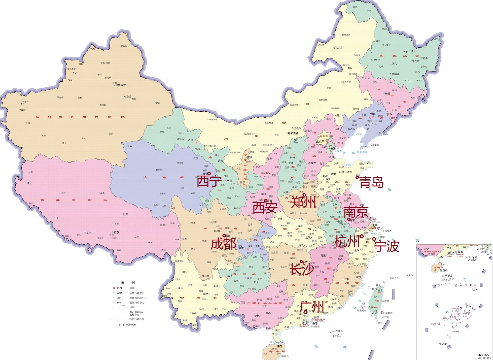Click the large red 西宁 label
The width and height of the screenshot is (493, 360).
point(209,181)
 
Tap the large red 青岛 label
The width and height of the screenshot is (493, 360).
point(372,183)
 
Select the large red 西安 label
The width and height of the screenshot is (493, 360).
point(264,208)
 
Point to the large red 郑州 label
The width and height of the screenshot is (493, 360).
point(303,202)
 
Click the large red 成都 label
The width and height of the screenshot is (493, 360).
point(223,244)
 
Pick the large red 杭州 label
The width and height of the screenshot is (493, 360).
point(346,241)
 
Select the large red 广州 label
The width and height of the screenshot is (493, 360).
point(311,306)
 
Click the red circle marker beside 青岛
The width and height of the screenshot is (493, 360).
point(357,177)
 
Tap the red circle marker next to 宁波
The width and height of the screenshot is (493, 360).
point(374,239)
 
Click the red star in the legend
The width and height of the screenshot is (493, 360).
point(114,288)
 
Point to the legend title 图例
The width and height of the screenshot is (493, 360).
point(128,282)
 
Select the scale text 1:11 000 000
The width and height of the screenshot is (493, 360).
point(127,324)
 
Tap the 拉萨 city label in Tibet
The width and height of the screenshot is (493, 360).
point(116,232)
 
